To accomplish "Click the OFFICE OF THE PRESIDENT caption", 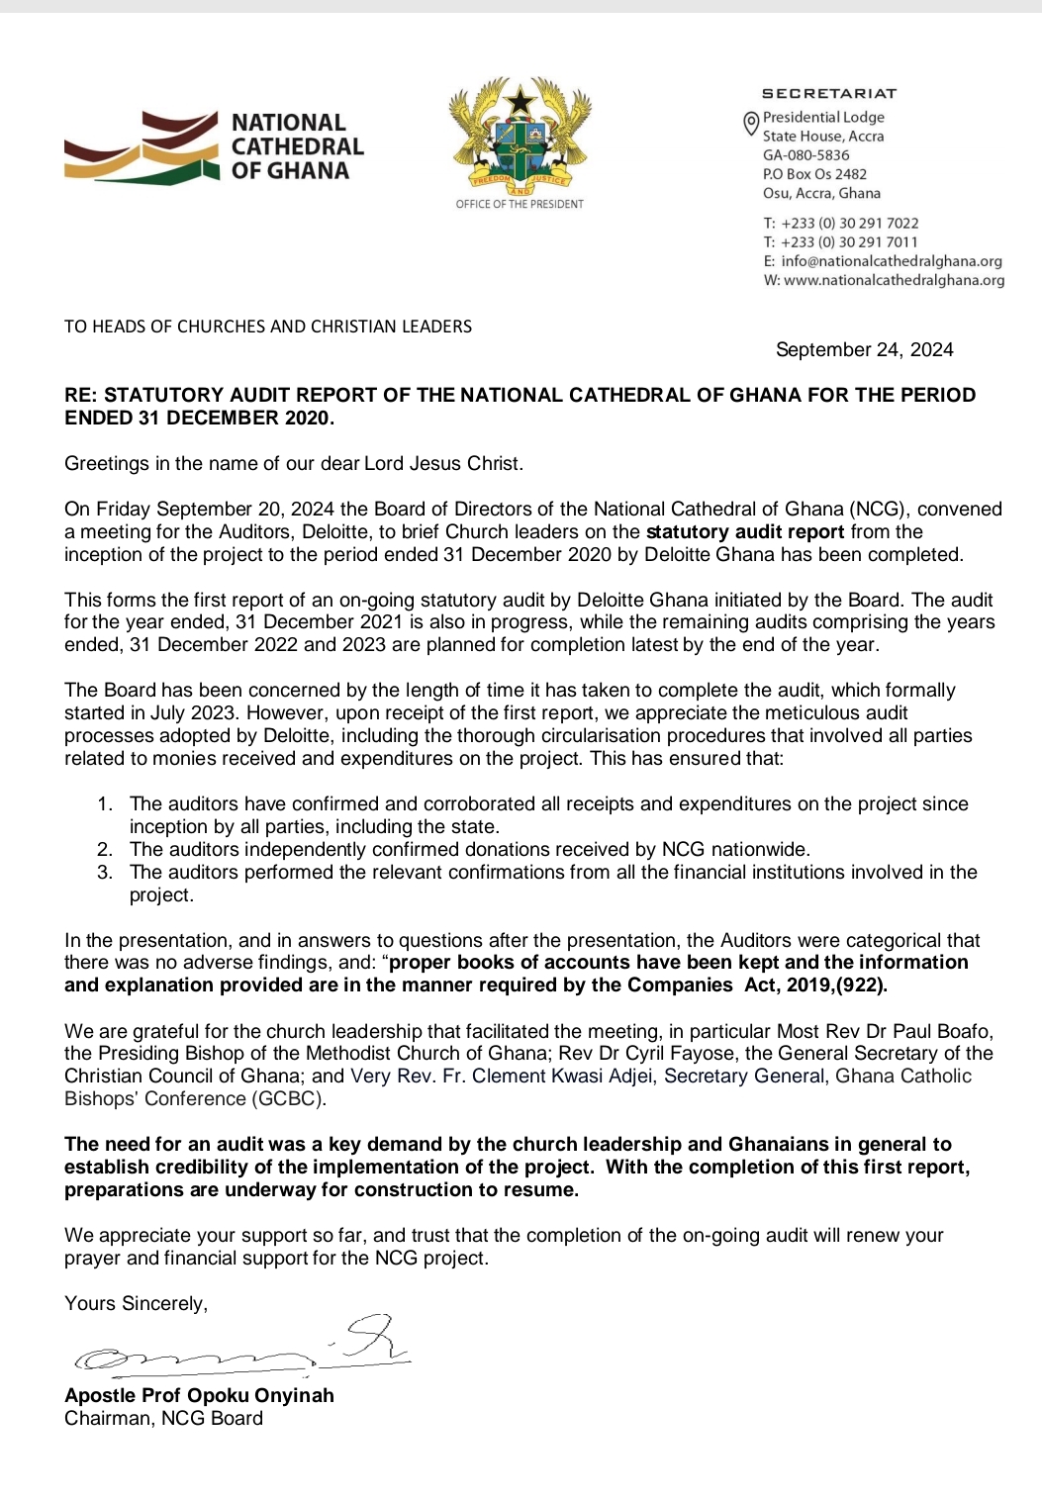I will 520,204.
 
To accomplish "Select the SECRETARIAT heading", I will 829,94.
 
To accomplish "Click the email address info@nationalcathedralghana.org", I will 891,261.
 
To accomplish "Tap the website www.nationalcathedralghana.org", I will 894,280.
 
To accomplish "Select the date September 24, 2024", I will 864,349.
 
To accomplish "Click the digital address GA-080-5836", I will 805,155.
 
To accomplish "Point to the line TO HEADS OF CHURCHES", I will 268,327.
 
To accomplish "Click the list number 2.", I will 104,850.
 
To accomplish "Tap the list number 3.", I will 104,873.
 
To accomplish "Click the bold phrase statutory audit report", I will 744,532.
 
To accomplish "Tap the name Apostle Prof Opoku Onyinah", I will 199,1396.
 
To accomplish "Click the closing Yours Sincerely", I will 136,1304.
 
